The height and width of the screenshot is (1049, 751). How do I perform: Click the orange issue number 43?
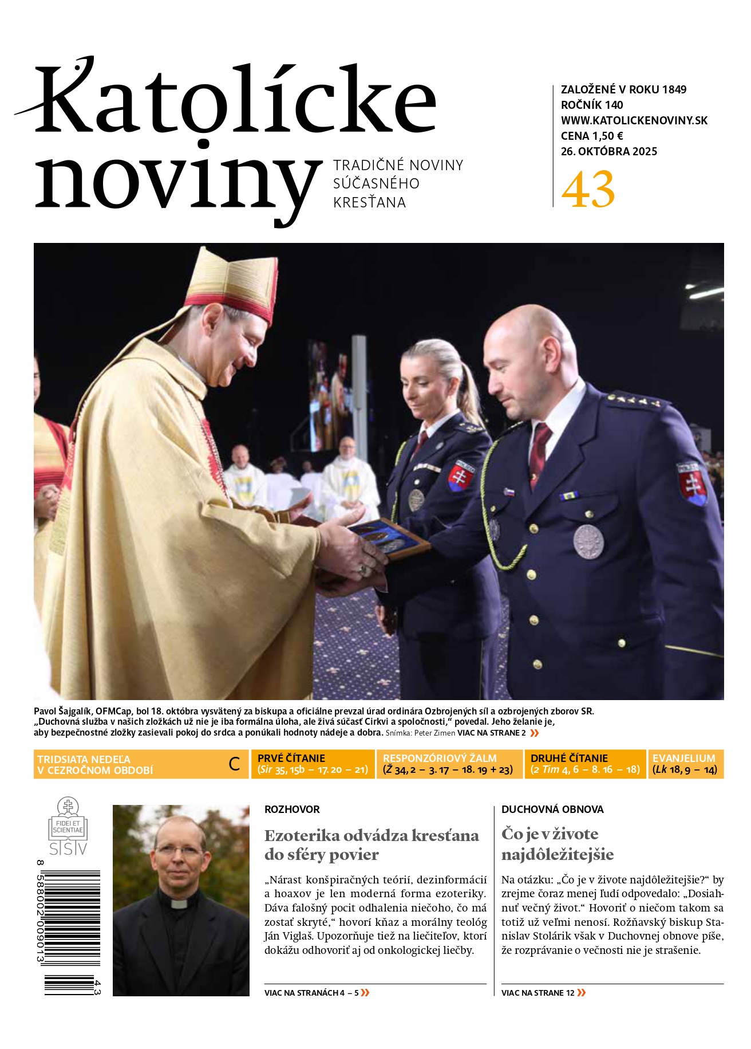(588, 190)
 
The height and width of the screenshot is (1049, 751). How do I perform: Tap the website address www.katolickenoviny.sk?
(634, 120)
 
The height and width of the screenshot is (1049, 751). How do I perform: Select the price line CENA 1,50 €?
(592, 136)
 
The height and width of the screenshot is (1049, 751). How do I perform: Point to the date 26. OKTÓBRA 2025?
(608, 151)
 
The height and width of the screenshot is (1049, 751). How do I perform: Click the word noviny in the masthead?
(177, 180)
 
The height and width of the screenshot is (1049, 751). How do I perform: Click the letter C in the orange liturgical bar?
(234, 764)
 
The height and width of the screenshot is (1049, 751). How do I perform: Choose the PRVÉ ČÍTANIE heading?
(291, 758)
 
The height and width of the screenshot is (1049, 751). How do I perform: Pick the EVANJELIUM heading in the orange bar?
(683, 758)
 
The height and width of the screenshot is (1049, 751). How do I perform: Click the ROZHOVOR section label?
(292, 809)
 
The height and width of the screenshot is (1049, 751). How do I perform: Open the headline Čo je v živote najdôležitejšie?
(557, 844)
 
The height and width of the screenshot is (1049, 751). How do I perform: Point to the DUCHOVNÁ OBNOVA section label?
(552, 809)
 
